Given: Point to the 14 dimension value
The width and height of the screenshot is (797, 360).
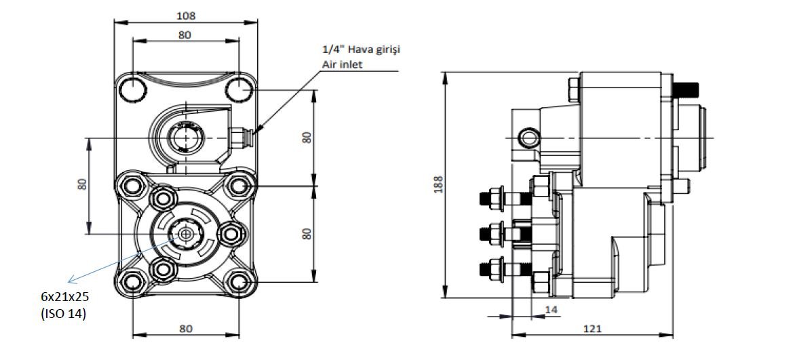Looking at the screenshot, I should (x=551, y=309).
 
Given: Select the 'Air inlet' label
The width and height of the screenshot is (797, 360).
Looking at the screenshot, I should (x=343, y=65).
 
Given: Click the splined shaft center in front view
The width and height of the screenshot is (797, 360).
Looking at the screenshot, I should (x=184, y=234).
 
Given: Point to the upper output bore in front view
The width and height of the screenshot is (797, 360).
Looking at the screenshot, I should (x=183, y=139).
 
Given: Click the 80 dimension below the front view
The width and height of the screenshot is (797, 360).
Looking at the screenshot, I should (x=184, y=328).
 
